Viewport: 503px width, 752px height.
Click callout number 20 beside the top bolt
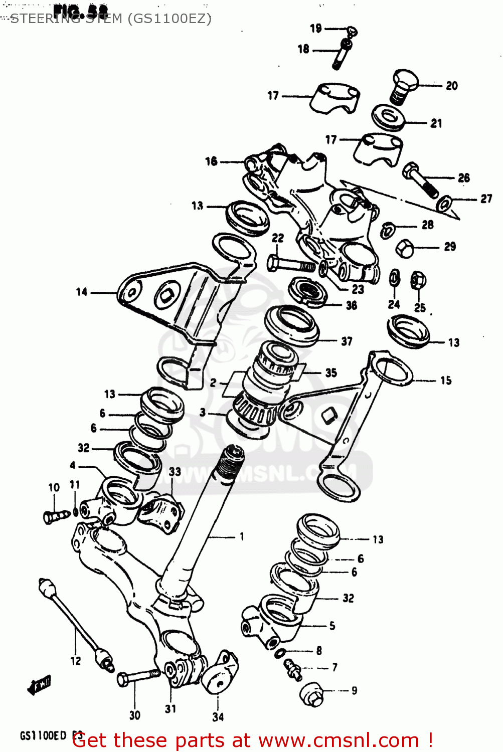[x=452, y=86]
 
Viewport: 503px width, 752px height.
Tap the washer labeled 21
[x=389, y=117]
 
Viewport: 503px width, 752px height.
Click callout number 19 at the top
[x=316, y=28]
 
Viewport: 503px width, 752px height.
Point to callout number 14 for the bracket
[x=82, y=292]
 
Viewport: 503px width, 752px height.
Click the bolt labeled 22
[x=288, y=264]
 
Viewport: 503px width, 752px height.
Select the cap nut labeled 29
[x=405, y=248]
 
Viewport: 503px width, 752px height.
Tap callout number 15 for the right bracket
[x=446, y=381]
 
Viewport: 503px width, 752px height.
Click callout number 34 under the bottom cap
[x=218, y=717]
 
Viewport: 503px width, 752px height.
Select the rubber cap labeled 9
[x=312, y=694]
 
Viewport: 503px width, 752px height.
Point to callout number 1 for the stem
[x=242, y=536]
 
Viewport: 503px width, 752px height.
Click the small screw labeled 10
[x=55, y=515]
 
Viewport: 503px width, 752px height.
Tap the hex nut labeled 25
[x=418, y=280]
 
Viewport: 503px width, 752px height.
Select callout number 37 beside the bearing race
[x=347, y=341]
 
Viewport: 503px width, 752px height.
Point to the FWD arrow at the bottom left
[x=39, y=684]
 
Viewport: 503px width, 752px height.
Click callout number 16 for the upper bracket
[x=211, y=161]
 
